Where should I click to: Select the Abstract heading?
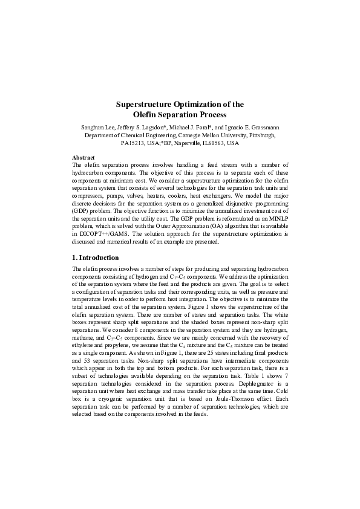(83, 157)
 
